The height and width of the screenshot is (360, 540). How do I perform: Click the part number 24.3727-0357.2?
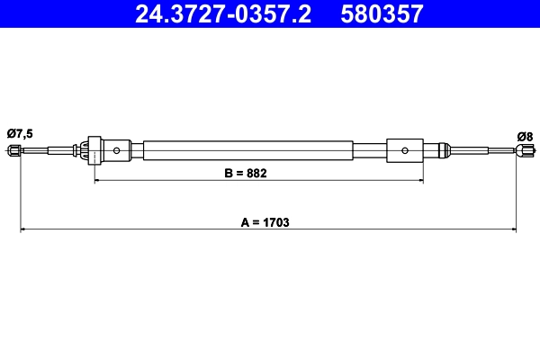224,14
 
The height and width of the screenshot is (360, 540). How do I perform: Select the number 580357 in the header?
382,14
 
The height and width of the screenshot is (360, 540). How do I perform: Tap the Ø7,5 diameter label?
20,133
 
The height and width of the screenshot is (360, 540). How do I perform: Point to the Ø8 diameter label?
525,136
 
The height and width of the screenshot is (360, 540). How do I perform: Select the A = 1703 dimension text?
260,220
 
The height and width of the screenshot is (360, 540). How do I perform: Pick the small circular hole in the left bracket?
117,150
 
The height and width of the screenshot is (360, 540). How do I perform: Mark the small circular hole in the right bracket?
405,150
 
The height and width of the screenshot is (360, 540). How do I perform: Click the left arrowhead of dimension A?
24,230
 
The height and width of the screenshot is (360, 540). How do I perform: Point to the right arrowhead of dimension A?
514,230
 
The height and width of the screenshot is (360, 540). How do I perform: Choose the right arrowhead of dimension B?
418,181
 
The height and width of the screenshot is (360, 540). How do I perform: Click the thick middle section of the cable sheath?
247,150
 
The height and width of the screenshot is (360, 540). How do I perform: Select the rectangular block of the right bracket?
405,150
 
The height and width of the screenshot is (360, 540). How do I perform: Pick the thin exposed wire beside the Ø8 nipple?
481,151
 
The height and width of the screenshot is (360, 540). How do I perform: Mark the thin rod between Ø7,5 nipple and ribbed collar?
49,151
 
